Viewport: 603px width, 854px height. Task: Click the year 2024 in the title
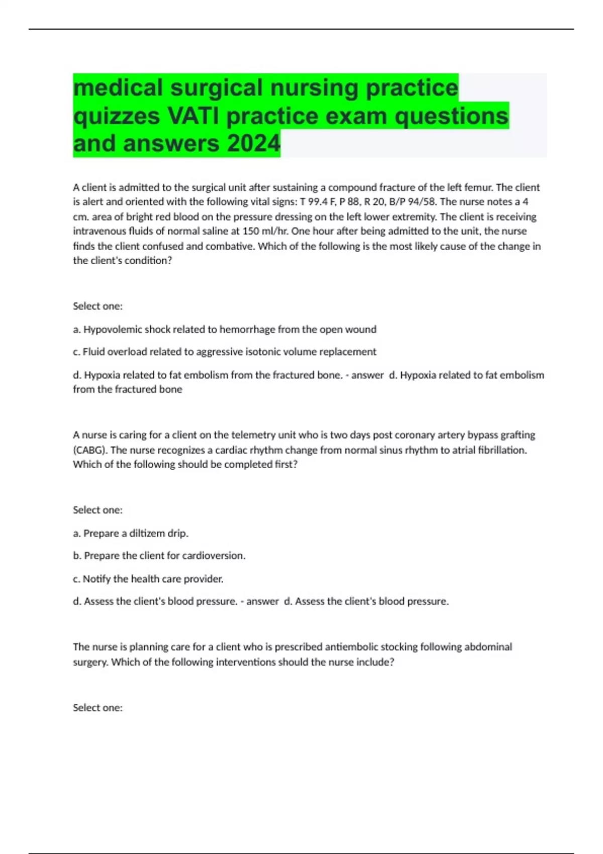pos(253,143)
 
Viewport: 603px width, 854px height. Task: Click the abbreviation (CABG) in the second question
pos(90,450)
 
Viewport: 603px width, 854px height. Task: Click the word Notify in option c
pos(96,579)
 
